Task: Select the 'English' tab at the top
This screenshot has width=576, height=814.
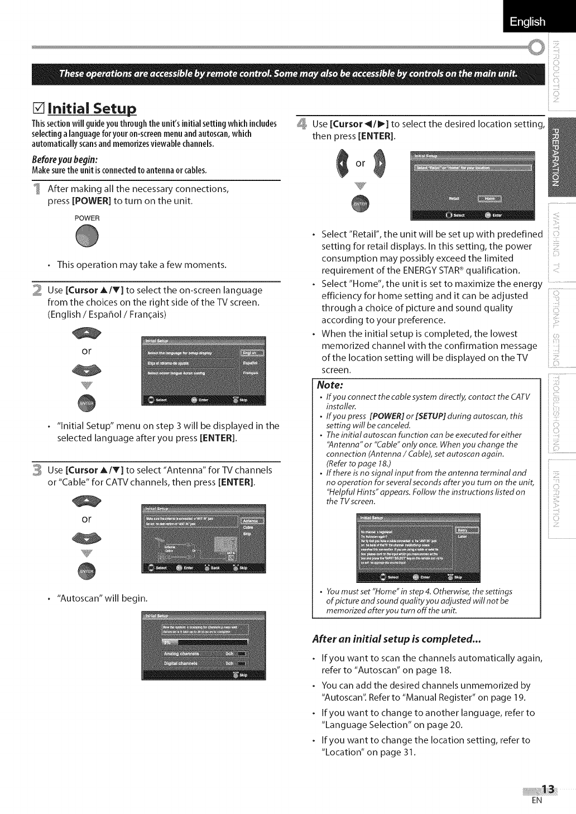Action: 527,22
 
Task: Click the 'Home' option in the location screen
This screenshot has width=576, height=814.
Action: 489,198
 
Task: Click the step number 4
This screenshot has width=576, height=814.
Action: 301,124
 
